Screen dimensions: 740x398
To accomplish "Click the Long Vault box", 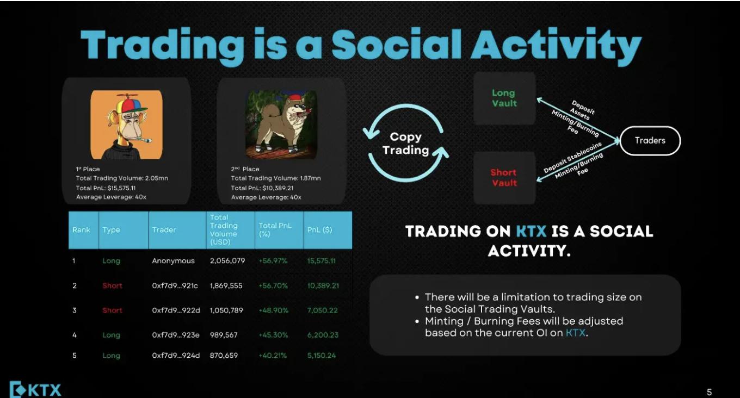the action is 504,98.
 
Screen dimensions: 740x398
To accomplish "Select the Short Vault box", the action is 504,178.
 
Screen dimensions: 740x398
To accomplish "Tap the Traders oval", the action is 650,141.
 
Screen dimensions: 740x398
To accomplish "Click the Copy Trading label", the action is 406,144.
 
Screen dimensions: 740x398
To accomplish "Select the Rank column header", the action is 81,229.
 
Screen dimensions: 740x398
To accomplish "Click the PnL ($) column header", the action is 319,229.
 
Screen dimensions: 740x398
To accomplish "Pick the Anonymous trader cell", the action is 173,261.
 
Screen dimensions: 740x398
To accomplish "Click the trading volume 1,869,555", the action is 226,285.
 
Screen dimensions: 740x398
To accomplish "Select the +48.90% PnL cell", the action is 274,310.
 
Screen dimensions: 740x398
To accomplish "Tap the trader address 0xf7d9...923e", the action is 176,335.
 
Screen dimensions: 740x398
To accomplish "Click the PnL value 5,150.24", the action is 322,356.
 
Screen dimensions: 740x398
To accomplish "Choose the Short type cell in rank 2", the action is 112,285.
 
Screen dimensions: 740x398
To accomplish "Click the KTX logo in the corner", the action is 35,389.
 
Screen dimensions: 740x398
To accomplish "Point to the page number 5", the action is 710,392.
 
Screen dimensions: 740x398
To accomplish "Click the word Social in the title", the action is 396,45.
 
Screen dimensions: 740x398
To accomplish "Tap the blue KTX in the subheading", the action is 531,231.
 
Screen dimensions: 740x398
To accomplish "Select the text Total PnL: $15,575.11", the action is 106,188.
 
